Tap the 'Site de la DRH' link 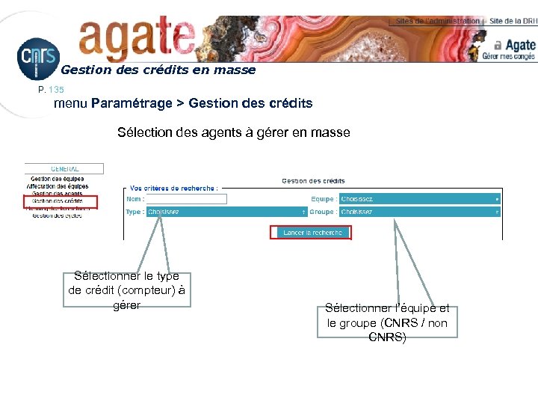[513, 21]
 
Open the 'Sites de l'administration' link [437, 21]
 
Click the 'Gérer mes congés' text [508, 56]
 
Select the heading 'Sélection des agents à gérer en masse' [233, 132]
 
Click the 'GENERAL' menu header [64, 169]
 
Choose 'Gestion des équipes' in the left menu [58, 179]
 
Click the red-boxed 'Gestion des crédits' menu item [58, 201]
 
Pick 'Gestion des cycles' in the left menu [57, 215]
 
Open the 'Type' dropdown [226, 212]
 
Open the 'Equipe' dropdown [419, 199]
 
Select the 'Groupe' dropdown [419, 212]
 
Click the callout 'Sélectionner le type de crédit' [126, 290]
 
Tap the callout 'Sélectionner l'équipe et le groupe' [387, 322]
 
